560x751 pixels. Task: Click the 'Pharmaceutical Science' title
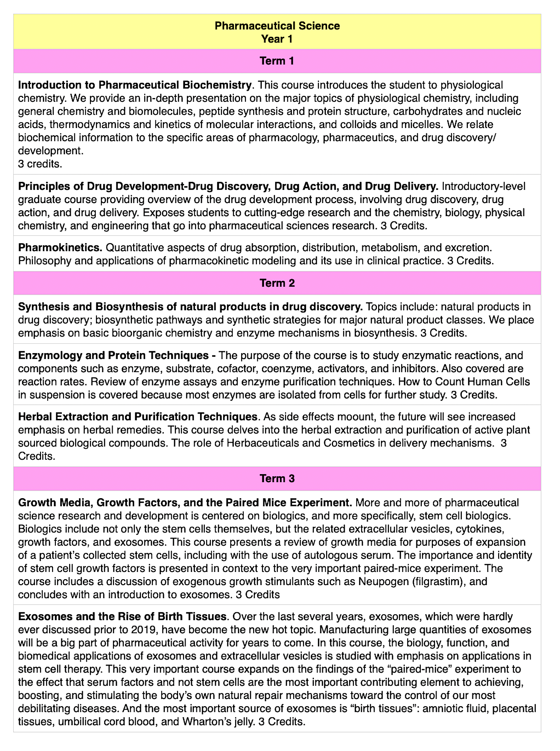point(277,26)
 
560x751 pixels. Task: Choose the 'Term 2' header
point(277,283)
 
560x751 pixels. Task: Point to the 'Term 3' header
point(277,478)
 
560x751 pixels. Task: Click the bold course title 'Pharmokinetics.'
point(60,248)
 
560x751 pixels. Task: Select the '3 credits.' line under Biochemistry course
point(40,164)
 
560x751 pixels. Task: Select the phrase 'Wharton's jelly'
point(218,722)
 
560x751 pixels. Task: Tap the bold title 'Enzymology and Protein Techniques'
point(113,355)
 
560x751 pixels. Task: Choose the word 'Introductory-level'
point(483,186)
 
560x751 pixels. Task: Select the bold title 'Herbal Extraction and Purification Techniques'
point(138,416)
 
